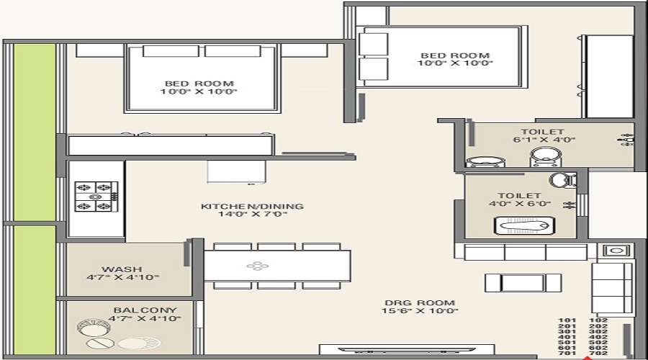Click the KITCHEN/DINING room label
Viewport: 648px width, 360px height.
point(252,206)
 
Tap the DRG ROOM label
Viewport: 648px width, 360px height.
point(420,303)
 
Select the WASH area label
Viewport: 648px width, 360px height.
point(122,269)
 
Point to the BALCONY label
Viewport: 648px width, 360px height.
point(145,310)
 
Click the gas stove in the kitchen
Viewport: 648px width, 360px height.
point(96,197)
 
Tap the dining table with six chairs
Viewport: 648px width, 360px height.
point(277,266)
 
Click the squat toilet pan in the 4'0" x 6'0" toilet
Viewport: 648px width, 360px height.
point(524,226)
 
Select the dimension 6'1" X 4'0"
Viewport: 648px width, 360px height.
point(544,140)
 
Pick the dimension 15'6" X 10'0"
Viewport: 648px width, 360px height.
point(420,311)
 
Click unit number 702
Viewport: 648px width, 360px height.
point(598,353)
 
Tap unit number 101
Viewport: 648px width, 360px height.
point(567,320)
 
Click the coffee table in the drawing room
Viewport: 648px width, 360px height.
point(523,283)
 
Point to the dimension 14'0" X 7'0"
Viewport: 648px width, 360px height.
point(253,214)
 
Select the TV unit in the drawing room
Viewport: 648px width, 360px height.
point(407,350)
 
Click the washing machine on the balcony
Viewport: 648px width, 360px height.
point(94,328)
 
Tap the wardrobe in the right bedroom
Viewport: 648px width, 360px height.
point(608,77)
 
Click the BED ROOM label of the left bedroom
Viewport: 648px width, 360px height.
point(199,84)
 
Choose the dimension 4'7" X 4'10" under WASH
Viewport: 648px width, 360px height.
point(122,277)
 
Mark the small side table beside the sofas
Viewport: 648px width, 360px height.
point(616,251)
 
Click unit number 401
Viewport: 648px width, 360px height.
point(567,337)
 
